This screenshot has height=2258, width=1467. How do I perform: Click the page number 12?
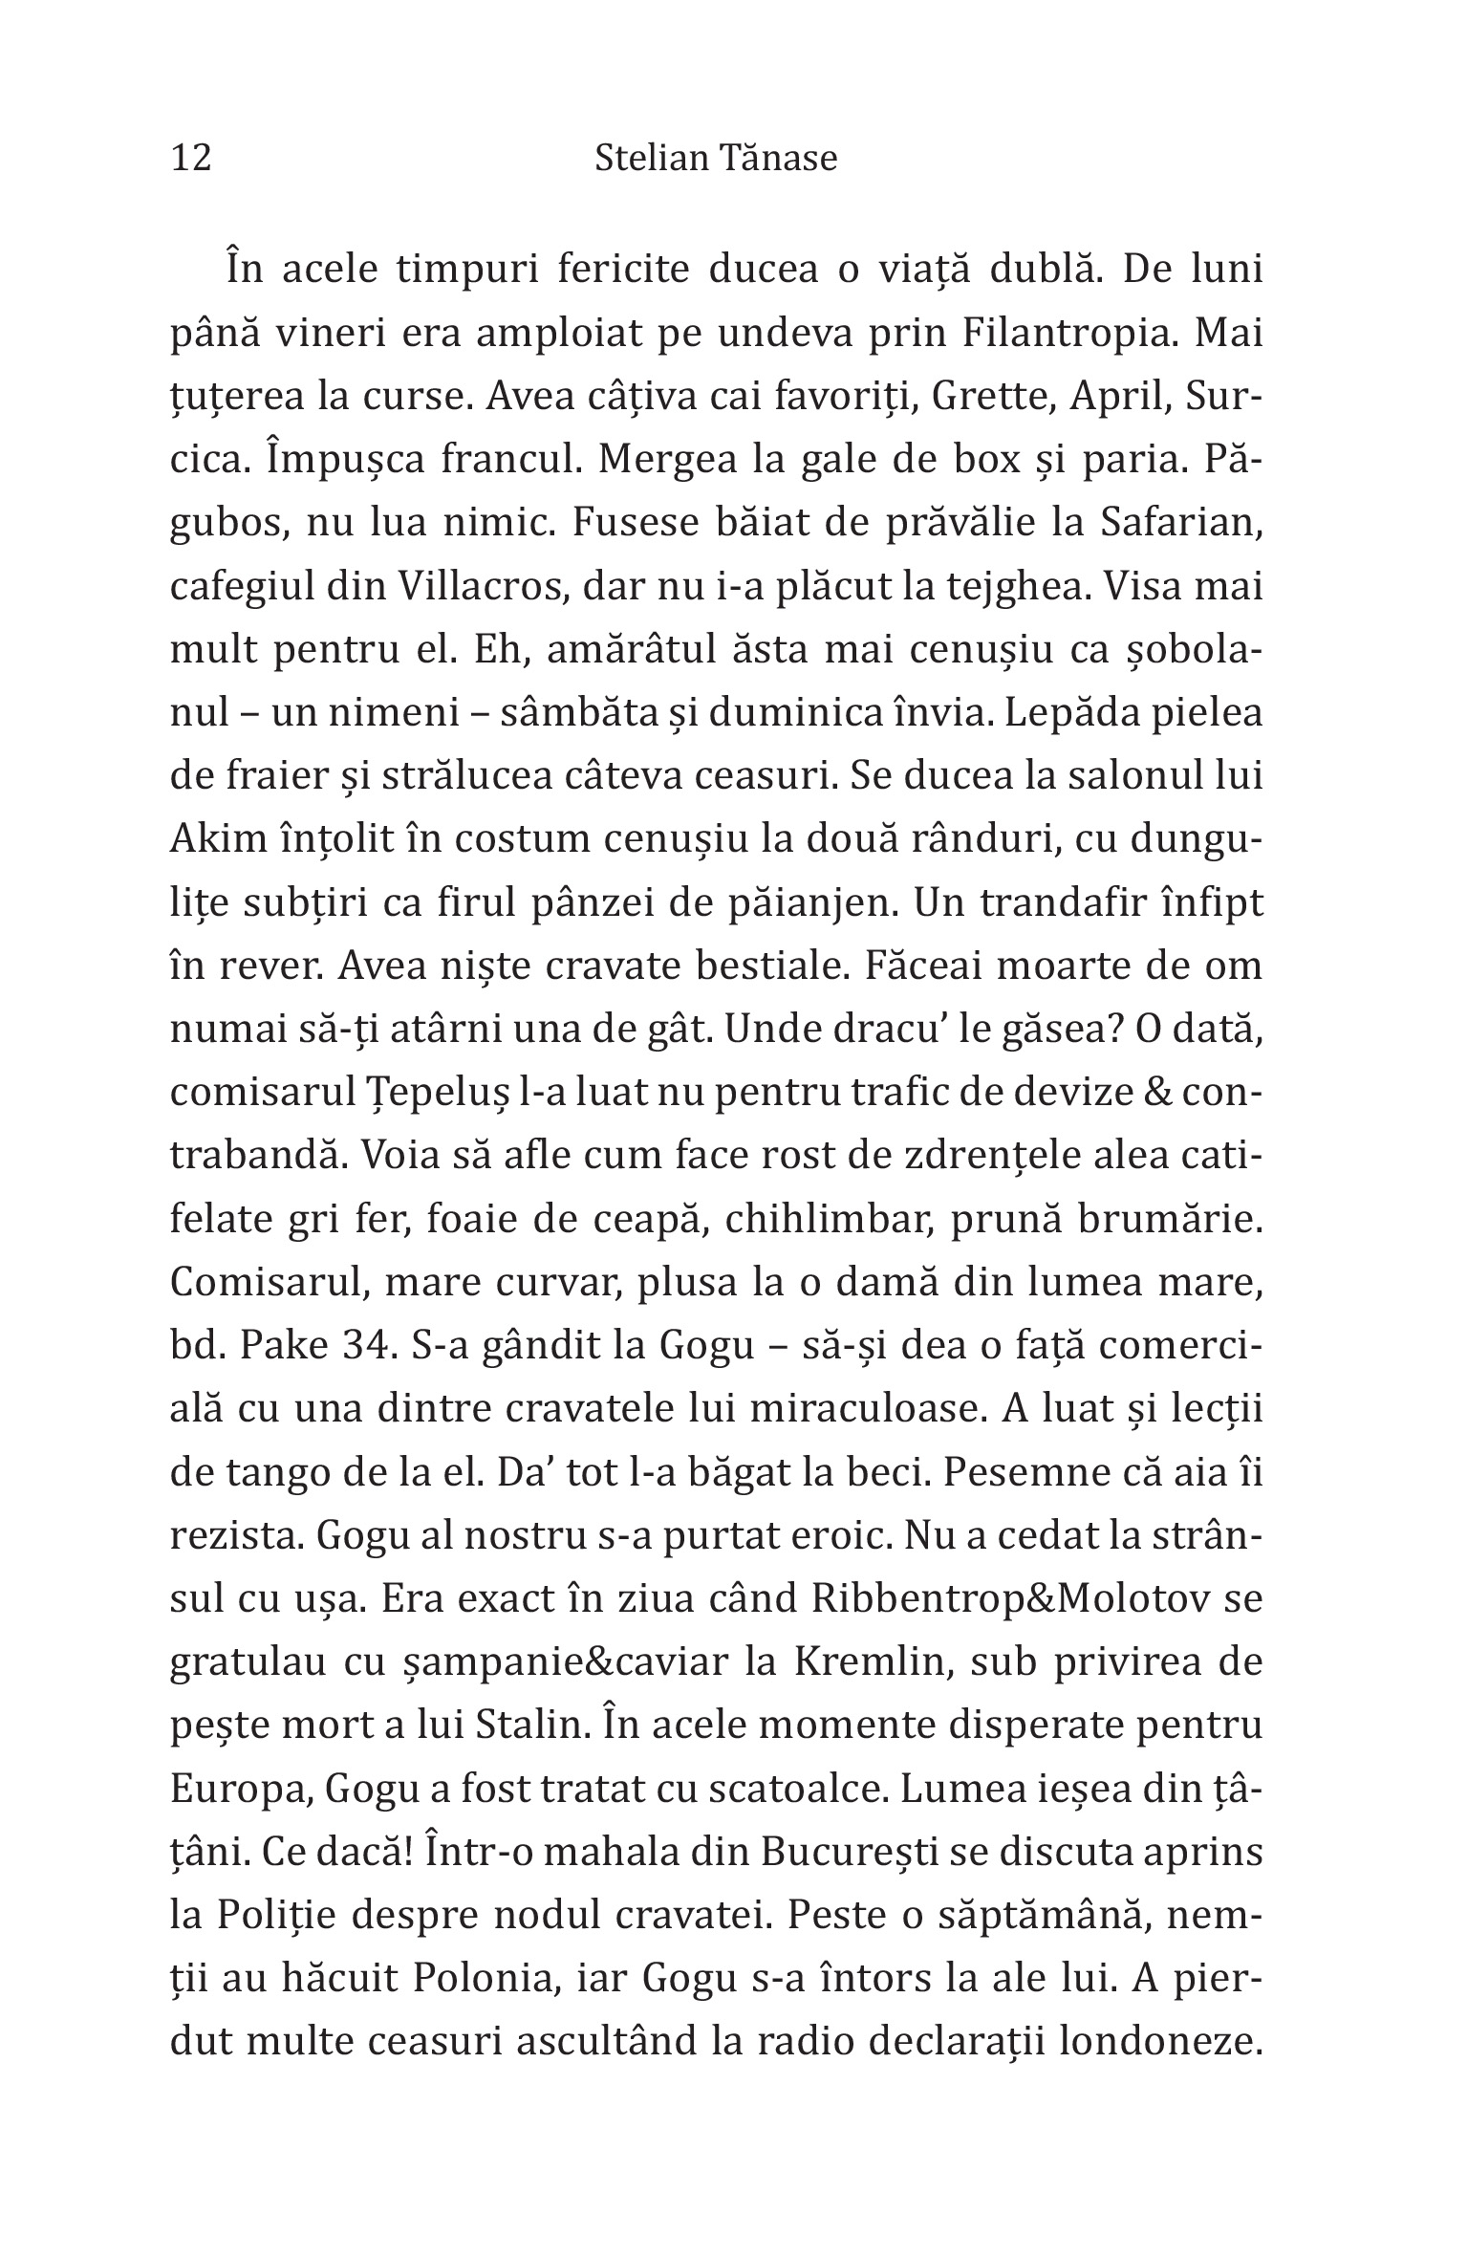click(191, 157)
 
